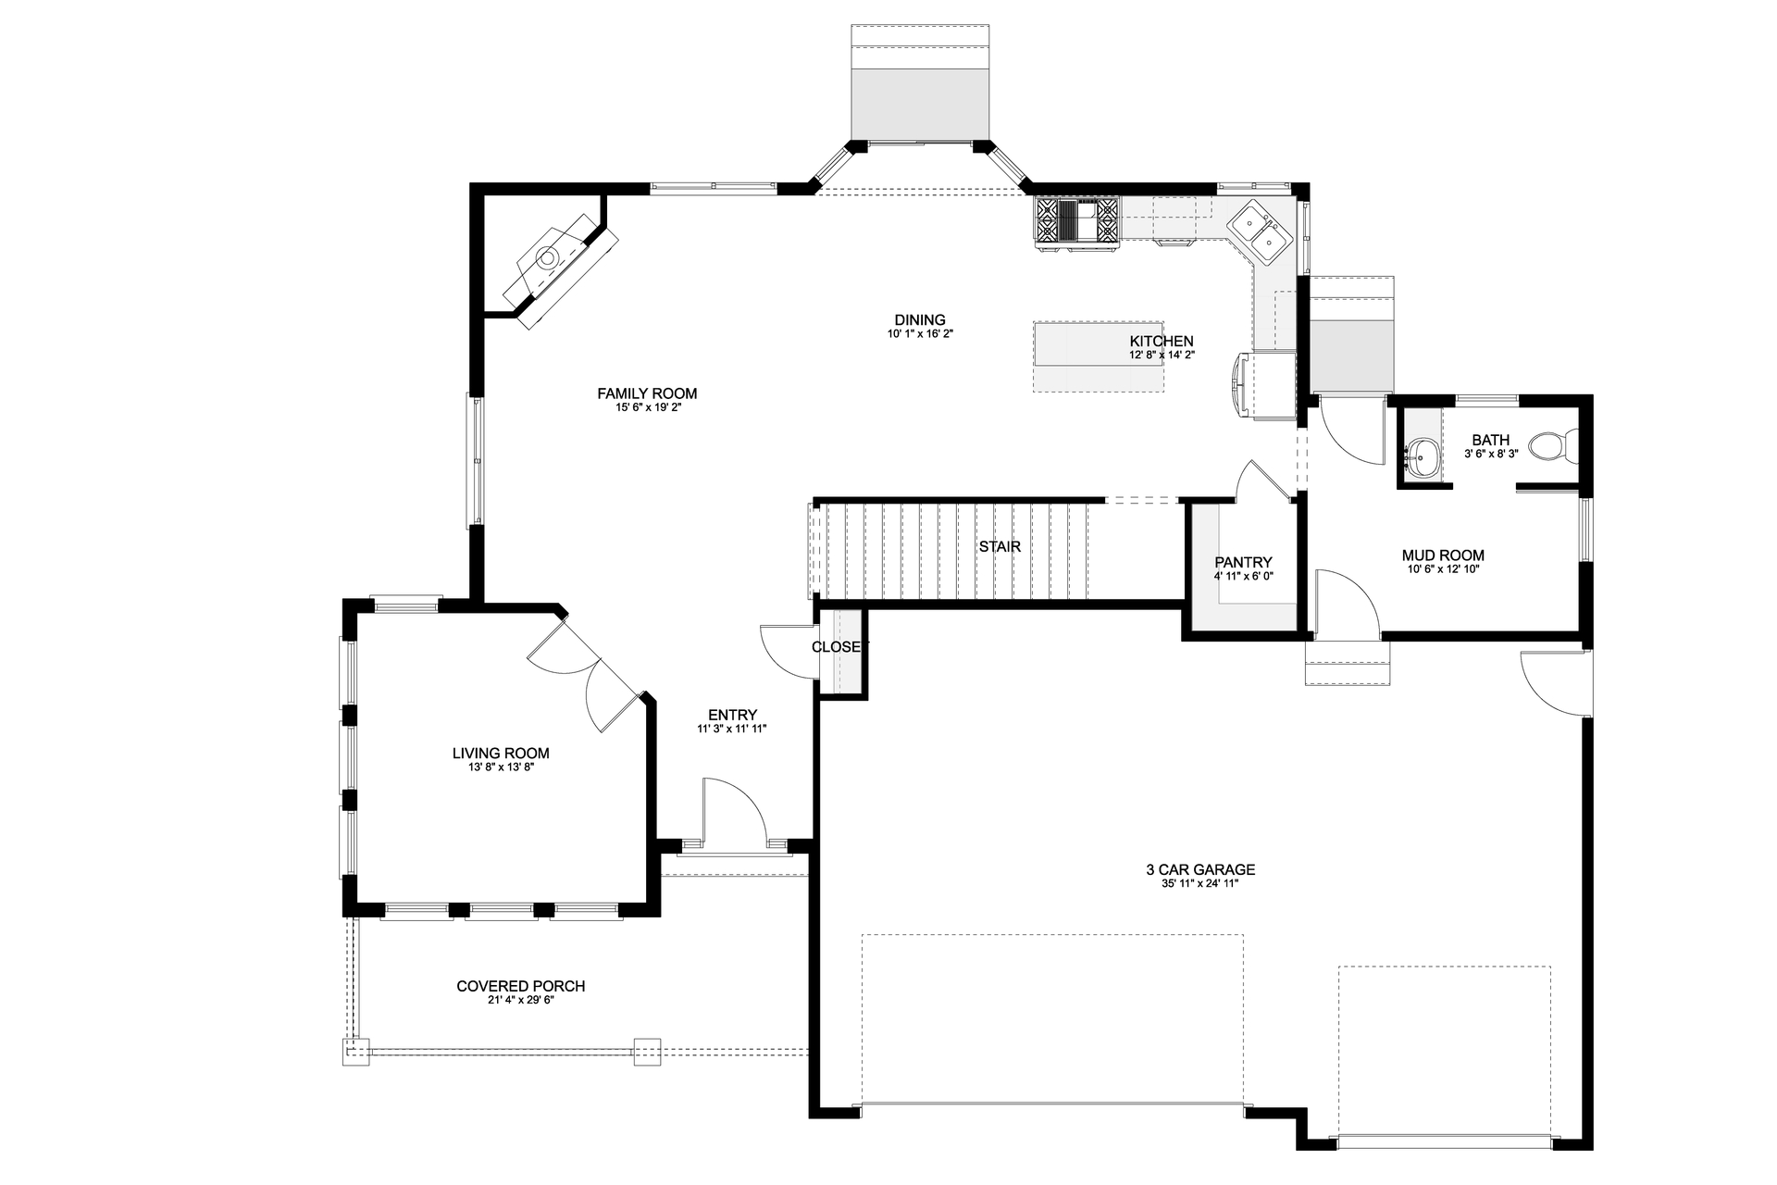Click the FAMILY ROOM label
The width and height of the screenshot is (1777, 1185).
point(647,393)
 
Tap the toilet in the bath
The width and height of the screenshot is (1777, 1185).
point(1552,447)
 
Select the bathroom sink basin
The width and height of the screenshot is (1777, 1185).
point(1422,456)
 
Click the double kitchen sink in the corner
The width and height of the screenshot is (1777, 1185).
point(1260,231)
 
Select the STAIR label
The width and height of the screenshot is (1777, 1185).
point(1000,547)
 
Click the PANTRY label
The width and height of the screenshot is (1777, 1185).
point(1243,563)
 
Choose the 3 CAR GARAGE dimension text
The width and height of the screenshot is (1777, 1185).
point(1199,884)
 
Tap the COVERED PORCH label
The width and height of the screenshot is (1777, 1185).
point(520,987)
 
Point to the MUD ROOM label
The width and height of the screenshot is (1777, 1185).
point(1443,556)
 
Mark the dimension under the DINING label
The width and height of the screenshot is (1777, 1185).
point(919,334)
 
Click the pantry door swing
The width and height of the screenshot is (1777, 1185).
point(1261,481)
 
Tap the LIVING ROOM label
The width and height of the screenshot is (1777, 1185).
point(501,754)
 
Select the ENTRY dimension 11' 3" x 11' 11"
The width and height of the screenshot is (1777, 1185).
point(732,729)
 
